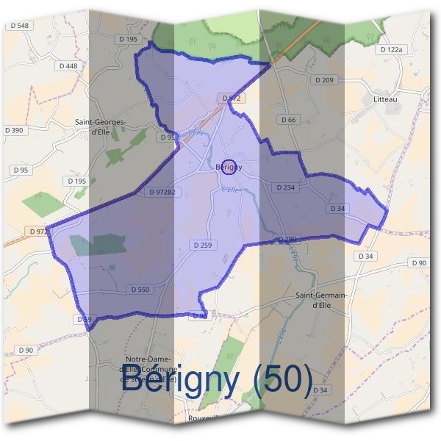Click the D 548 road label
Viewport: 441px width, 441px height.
[x=20, y=26]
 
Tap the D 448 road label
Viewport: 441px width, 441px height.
[x=67, y=66]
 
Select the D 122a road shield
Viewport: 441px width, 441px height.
[x=392, y=49]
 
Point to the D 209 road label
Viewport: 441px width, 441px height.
[x=324, y=79]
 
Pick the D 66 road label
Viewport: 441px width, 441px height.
[x=289, y=119]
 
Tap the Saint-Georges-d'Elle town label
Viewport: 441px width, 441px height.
[x=101, y=127]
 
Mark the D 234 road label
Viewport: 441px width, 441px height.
[x=286, y=187]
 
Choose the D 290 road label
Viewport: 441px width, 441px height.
[x=287, y=240]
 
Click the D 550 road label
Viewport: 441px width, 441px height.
[x=140, y=290]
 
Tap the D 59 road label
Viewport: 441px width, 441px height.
[x=84, y=319]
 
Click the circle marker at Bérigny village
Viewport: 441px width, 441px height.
[x=229, y=167]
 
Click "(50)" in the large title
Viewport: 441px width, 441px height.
[x=282, y=380]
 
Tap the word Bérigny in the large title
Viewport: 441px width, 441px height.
[x=179, y=380]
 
